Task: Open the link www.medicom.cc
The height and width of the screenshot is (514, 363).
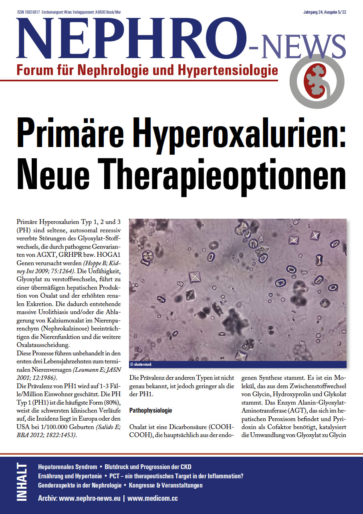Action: pyautogui.click(x=152, y=498)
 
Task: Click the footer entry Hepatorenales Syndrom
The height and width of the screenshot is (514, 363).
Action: pyautogui.click(x=67, y=467)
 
